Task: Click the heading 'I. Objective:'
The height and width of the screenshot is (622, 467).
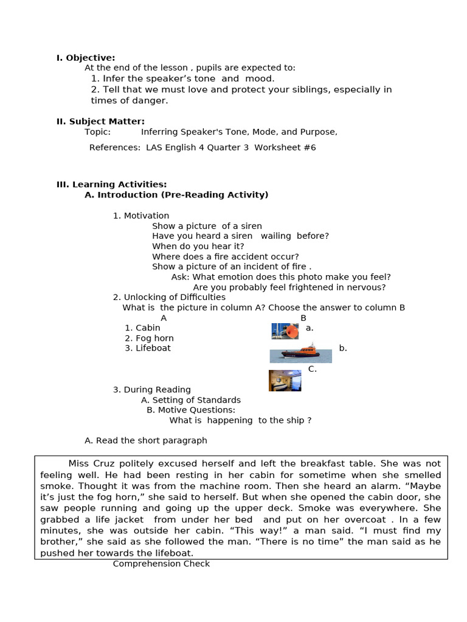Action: [x=86, y=58]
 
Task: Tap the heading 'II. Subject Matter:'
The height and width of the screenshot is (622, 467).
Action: [x=100, y=121]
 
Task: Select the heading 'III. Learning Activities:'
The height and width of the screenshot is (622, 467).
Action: [x=111, y=185]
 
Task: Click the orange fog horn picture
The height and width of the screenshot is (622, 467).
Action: [x=285, y=331]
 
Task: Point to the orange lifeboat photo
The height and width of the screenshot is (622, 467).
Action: [x=301, y=353]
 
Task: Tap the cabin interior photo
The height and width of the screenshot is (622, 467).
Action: [x=285, y=380]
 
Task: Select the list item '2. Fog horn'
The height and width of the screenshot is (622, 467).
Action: [x=149, y=338]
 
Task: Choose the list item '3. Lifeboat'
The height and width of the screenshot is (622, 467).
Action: [x=148, y=348]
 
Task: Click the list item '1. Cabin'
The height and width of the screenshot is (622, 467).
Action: [x=142, y=328]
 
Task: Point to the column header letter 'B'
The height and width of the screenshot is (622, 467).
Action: [x=303, y=318]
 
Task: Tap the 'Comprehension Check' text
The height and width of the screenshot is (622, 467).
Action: [x=161, y=564]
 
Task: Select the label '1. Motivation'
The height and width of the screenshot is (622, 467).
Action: [x=141, y=216]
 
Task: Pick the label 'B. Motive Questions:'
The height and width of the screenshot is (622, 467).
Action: [x=191, y=410]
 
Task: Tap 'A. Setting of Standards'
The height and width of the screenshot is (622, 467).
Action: [x=191, y=400]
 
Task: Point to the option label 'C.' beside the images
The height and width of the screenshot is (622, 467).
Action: [x=312, y=369]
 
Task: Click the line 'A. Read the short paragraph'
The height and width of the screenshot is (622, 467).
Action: [x=146, y=440]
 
